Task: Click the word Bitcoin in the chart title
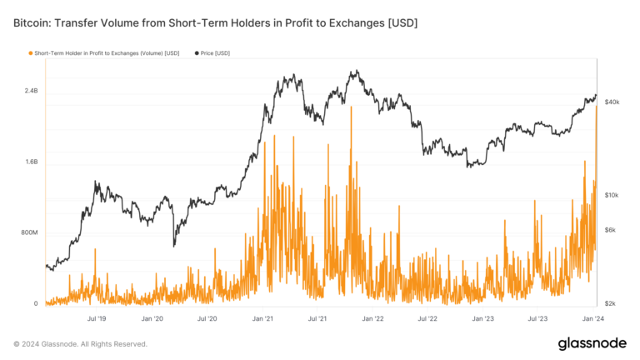click(31, 23)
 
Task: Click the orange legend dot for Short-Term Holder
click(31, 53)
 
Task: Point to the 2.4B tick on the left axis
click(30, 90)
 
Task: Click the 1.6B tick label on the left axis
click(30, 162)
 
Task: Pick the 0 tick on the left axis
click(36, 304)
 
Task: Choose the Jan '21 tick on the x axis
click(263, 318)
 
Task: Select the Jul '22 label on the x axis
click(428, 318)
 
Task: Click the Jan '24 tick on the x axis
click(593, 318)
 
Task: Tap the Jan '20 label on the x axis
click(152, 318)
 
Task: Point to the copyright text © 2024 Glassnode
click(80, 343)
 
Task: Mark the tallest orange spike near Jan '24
click(597, 108)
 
